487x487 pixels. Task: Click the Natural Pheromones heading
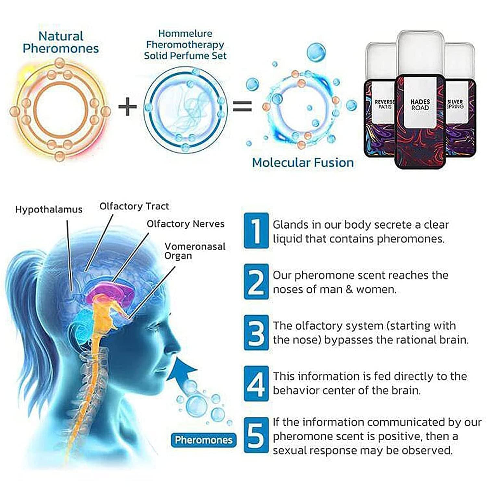(61, 42)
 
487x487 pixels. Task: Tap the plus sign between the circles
(128, 106)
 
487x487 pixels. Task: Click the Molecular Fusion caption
(303, 163)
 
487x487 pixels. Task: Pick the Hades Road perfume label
(420, 105)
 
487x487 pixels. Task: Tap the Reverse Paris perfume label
(384, 104)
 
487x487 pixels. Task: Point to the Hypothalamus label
(49, 210)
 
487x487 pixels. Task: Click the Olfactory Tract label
(134, 206)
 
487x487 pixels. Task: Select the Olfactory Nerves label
(185, 224)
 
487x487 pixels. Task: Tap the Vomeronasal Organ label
(194, 251)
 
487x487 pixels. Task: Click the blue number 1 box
(256, 231)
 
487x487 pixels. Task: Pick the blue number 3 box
(256, 332)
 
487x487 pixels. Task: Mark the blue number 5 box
(256, 435)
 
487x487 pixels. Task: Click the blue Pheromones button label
(204, 440)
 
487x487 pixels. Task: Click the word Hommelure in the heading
(185, 33)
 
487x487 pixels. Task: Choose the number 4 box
(256, 384)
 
